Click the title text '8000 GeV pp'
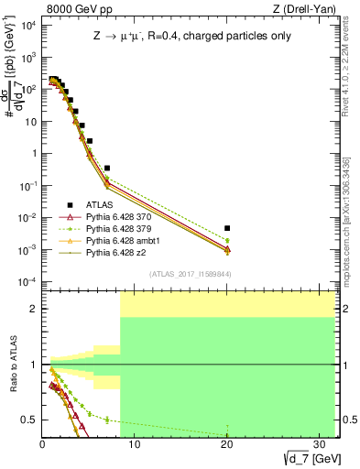click(x=71, y=10)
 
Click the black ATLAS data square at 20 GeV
click(x=227, y=227)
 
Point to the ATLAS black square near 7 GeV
click(x=107, y=169)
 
